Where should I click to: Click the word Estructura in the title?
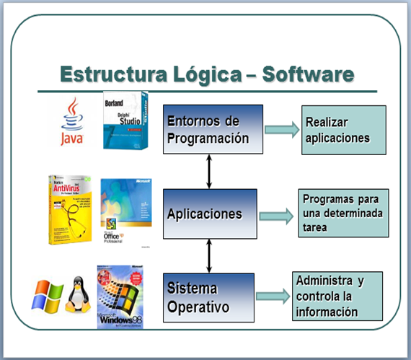(107, 74)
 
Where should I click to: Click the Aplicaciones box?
(209, 214)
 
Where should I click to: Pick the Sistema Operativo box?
(209, 297)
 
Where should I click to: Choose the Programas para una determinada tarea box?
(343, 213)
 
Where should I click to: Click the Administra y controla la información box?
(337, 296)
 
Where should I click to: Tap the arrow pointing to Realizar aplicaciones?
(280, 129)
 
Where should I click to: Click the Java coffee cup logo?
(71, 122)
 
